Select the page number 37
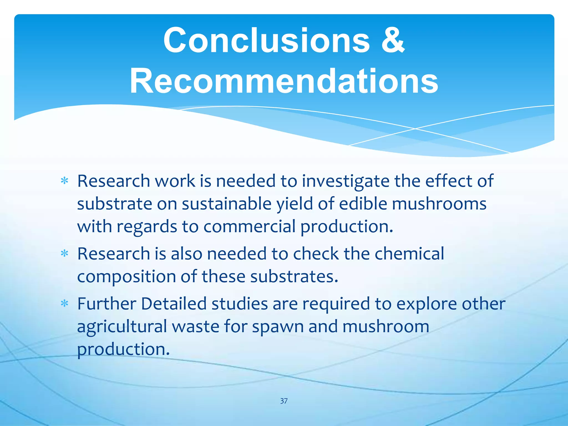pos(284,401)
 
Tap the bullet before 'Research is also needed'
pos(64,254)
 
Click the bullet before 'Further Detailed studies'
pos(64,304)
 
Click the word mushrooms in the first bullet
pos(439,204)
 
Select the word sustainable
pos(227,204)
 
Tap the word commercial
pos(249,226)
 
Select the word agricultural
pos(122,327)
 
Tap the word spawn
pos(278,327)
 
